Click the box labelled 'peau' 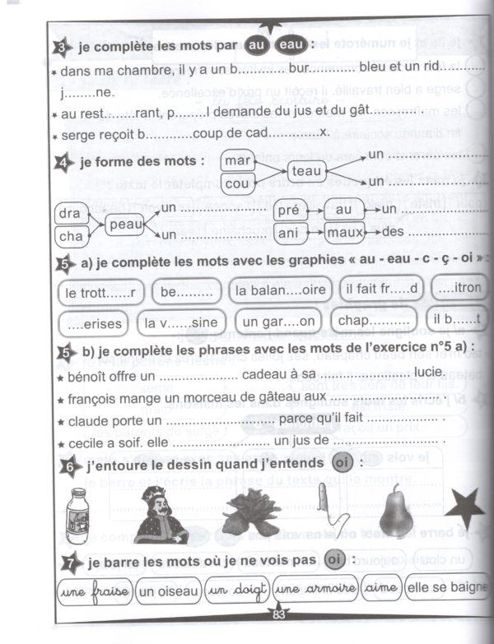[x=126, y=223]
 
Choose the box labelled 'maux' [x=343, y=233]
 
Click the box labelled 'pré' [x=288, y=210]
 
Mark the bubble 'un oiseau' [x=169, y=590]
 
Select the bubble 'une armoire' [x=316, y=589]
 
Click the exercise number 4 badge [x=67, y=161]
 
